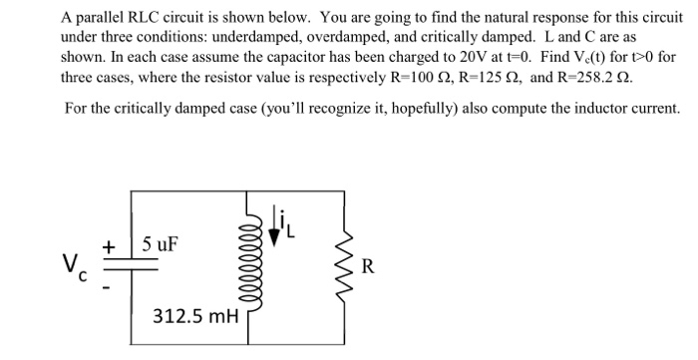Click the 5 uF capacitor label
point(161,242)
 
